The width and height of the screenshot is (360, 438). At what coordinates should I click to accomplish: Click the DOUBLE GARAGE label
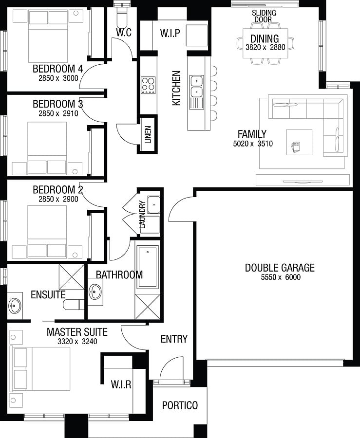[x=280, y=268]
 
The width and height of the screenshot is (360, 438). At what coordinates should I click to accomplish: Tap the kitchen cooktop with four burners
[x=148, y=85]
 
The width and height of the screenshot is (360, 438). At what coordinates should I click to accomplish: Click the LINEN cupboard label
[x=148, y=134]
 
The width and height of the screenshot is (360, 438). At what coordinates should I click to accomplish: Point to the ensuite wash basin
[x=15, y=306]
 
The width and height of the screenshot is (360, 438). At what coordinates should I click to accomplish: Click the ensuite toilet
[x=74, y=305]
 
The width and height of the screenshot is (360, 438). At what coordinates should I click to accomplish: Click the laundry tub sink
[x=154, y=204]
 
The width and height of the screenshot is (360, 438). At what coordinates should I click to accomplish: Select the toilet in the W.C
[x=122, y=14]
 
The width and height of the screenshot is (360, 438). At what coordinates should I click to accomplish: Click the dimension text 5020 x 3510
[x=253, y=144]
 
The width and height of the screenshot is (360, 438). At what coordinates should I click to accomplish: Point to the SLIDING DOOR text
[x=264, y=16]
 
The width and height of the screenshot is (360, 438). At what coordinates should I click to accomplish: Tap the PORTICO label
[x=180, y=405]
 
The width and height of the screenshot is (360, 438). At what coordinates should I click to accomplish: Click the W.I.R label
[x=121, y=384]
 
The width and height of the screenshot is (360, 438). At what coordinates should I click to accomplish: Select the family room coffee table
[x=299, y=142]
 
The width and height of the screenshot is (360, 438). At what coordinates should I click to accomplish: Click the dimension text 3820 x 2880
[x=265, y=47]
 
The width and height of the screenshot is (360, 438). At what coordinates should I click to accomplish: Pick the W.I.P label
[x=170, y=33]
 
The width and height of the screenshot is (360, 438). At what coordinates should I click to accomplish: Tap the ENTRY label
[x=174, y=339]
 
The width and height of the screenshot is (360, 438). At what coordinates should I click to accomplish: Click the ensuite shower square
[x=72, y=276]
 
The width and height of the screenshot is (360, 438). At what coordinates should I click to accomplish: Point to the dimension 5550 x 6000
[x=281, y=277]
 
